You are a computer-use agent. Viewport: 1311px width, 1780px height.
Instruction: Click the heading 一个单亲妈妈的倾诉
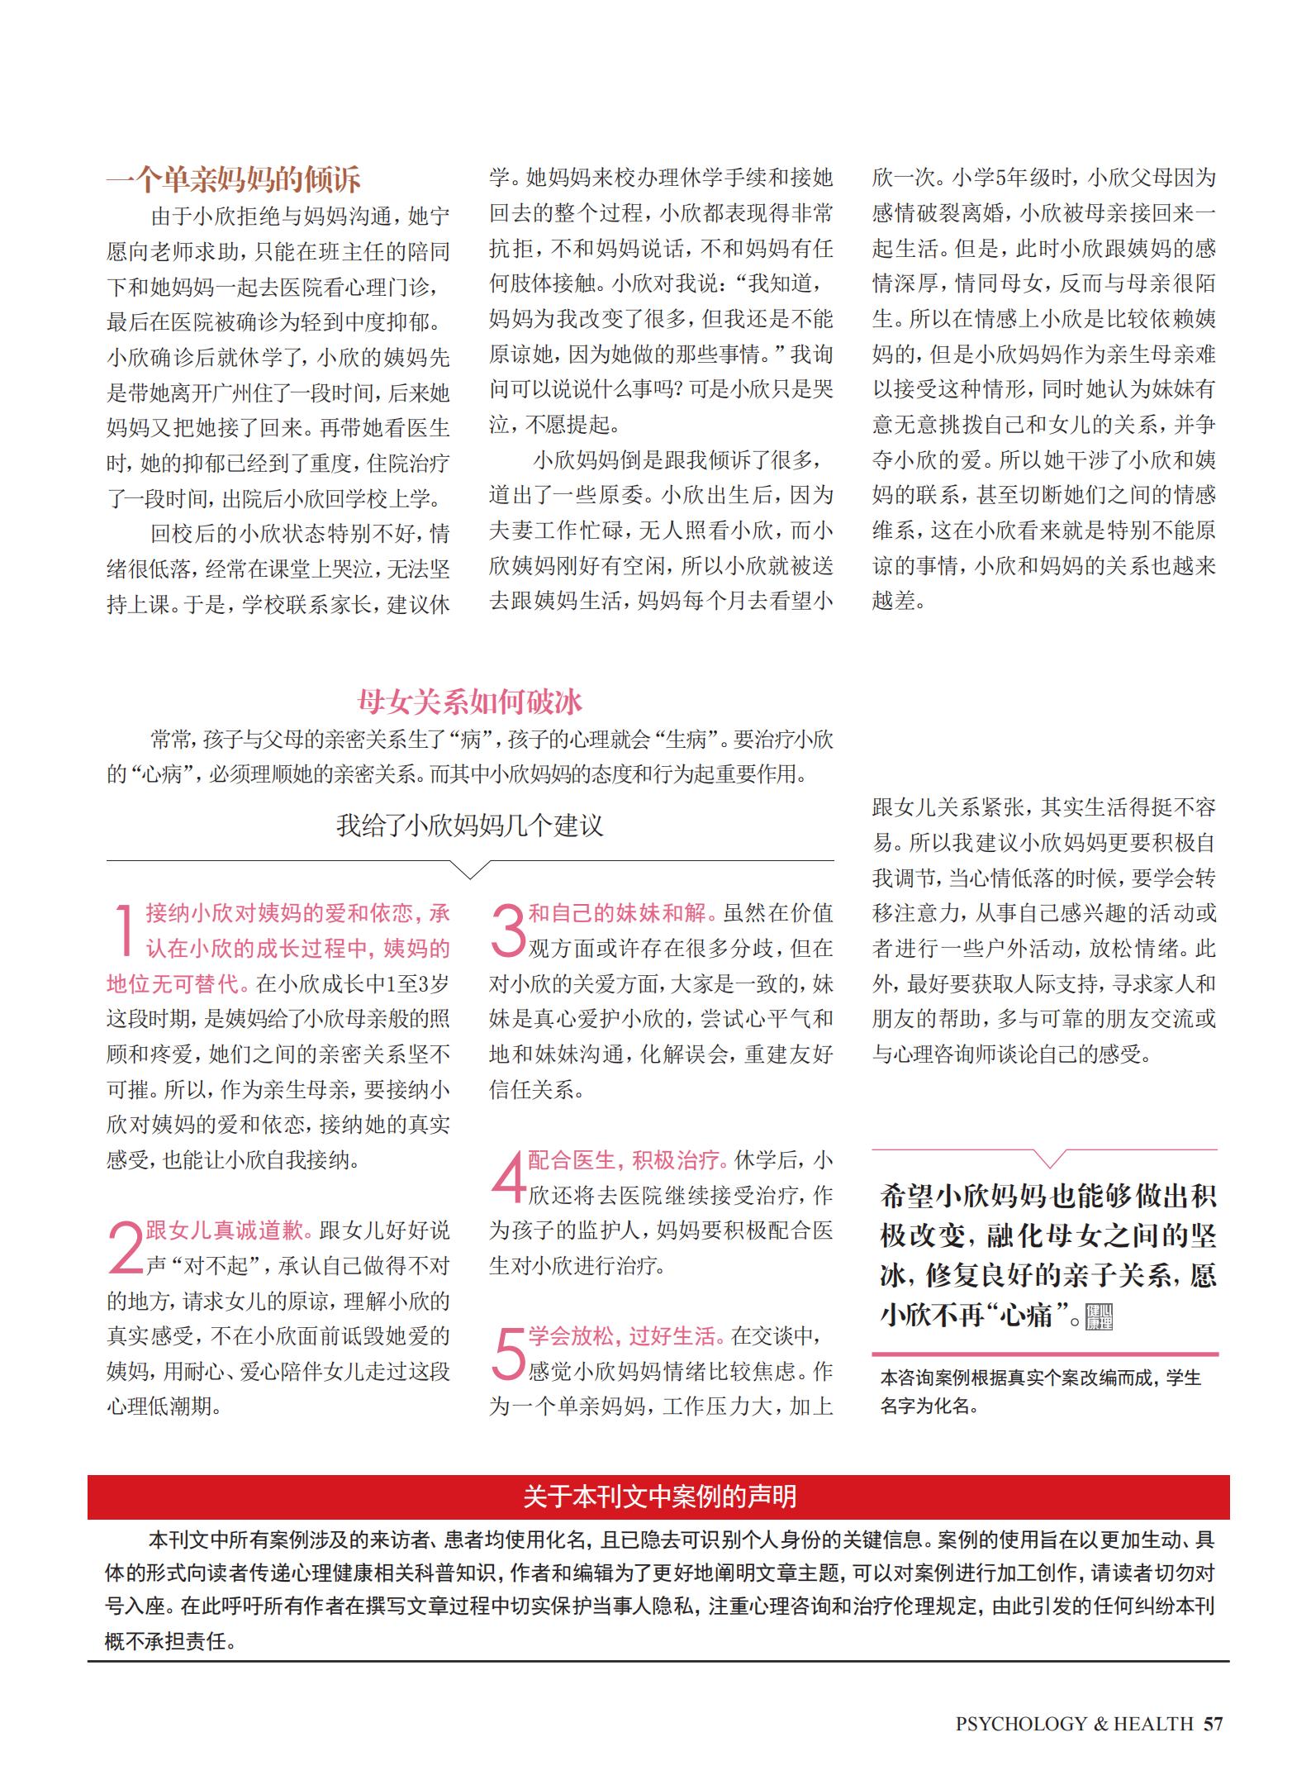234,179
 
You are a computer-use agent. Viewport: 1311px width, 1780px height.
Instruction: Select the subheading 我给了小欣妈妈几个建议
469,825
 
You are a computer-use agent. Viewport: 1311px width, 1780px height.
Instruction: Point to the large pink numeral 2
125,1248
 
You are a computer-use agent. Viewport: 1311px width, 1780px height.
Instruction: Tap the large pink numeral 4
507,1178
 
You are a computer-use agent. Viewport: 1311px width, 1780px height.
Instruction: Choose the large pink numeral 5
507,1354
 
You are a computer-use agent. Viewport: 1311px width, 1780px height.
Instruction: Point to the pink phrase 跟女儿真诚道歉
229,1230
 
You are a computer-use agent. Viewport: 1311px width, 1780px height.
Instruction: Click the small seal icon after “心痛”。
1100,1317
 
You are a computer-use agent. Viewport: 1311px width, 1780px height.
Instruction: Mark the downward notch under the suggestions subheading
469,869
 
